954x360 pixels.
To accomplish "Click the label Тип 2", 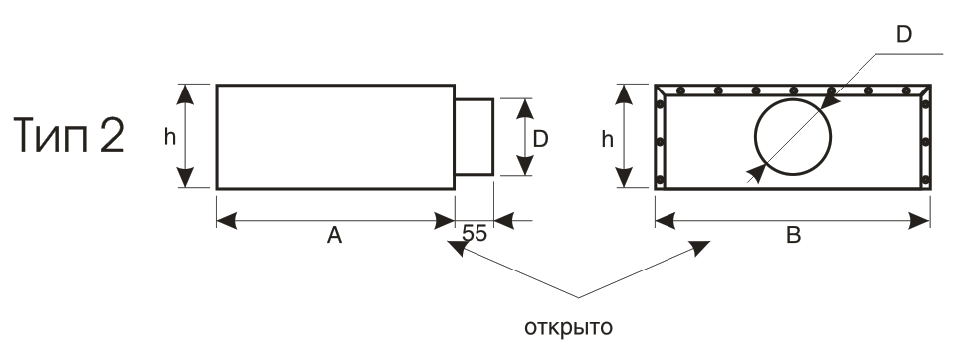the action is click(69, 136).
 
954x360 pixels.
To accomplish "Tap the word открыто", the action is click(568, 328).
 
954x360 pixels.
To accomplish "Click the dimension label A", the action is click(334, 235).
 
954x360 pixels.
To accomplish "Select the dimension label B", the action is click(794, 235).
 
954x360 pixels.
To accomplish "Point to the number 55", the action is click(475, 233).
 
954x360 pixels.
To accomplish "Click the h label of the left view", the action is click(170, 137).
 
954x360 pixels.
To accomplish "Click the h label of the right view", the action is click(607, 139).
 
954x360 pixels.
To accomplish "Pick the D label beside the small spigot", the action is click(540, 140).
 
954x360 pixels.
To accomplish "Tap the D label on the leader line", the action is click(904, 35).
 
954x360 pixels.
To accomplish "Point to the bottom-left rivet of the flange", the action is click(661, 179).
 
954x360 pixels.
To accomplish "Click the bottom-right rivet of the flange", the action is click(925, 179).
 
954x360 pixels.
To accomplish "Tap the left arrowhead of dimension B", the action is click(665, 221).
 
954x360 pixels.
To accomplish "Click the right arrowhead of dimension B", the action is click(920, 221).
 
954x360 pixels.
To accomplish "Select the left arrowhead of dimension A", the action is click(227, 221).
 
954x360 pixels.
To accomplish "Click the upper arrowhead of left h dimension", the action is click(186, 94).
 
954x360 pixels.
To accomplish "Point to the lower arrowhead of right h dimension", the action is click(624, 178).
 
